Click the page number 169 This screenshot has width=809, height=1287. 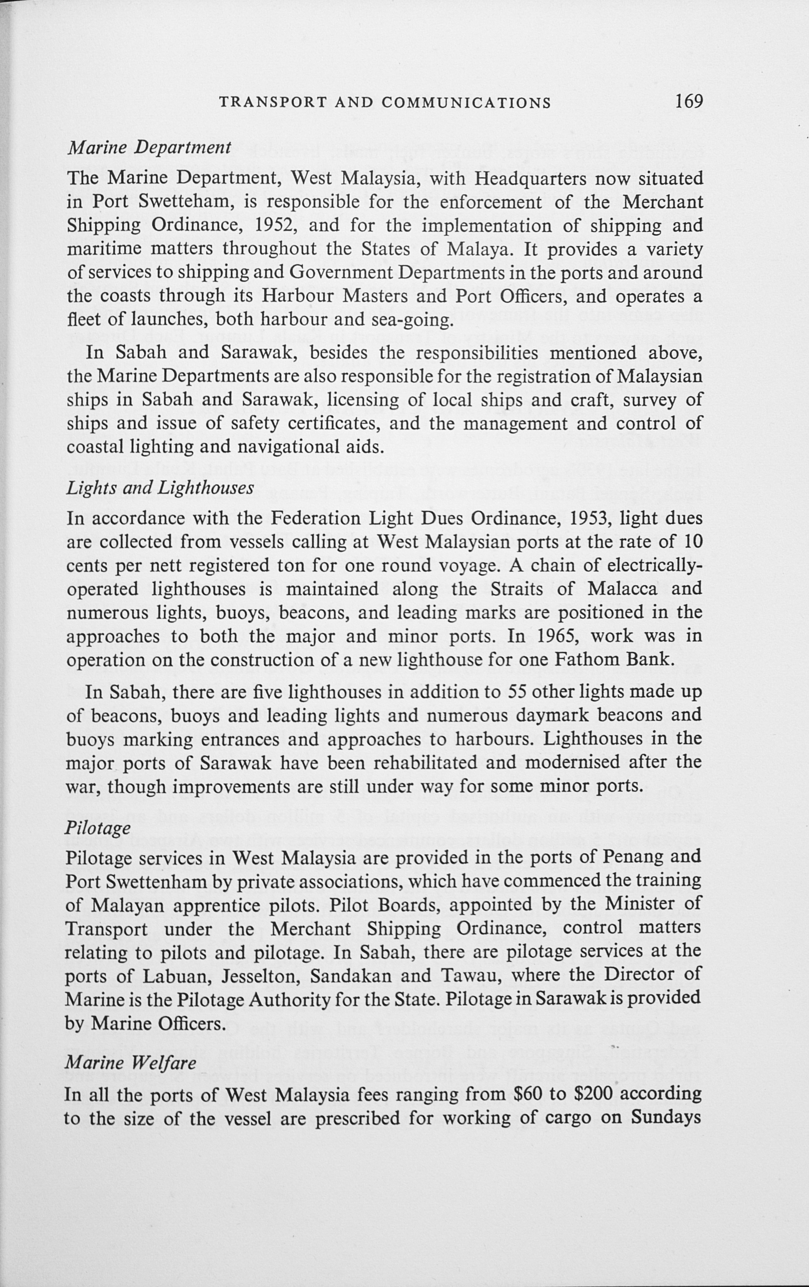(688, 101)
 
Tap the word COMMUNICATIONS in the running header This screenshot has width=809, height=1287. (466, 103)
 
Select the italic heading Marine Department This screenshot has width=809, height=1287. (148, 148)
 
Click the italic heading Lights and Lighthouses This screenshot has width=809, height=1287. (159, 488)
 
